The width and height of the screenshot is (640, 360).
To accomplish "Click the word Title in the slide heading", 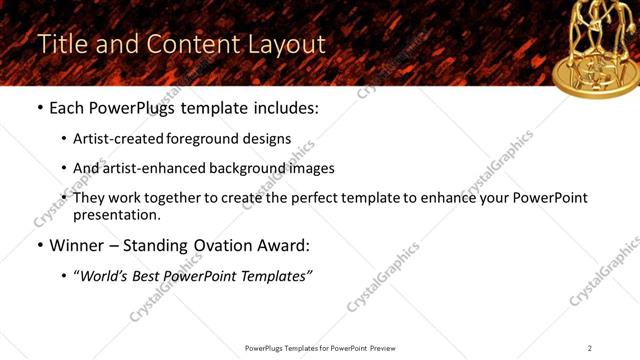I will tap(60, 45).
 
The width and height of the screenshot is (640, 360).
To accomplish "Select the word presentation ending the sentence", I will tap(116, 215).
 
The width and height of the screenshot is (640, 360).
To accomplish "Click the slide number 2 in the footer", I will tap(590, 347).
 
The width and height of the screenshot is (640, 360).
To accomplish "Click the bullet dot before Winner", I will tap(40, 246).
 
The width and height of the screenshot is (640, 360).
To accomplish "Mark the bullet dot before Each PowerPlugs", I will tap(40, 106).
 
